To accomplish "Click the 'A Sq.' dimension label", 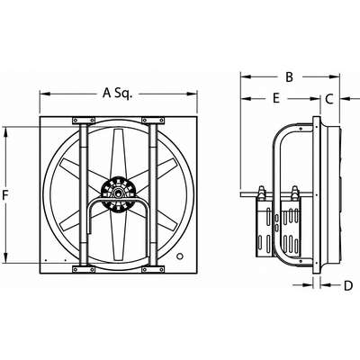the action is pos(117,94).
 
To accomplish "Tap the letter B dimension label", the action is pos(289,77).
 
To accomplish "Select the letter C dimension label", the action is pos(329,98).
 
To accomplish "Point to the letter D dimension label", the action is pos(348,285).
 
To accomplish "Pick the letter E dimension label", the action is pos(276,98).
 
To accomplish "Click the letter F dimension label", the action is pos(5,195).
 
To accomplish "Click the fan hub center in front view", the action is pos(117,193).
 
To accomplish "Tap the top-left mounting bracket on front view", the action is pos(84,121).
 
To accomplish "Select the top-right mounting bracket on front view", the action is pos(153,121).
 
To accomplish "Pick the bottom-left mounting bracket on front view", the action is pos(84,269).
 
